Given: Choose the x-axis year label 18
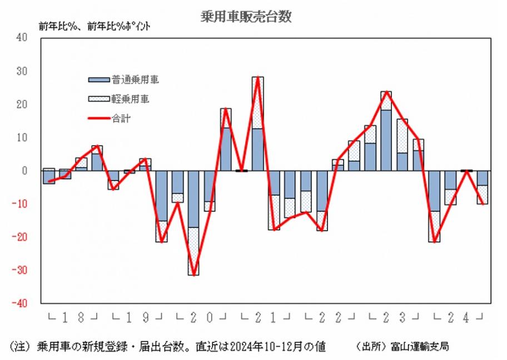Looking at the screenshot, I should (x=72, y=318).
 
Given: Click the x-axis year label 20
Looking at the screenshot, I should (x=201, y=318).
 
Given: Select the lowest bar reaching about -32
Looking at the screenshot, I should (x=193, y=222).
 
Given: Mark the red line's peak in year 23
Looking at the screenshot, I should (x=386, y=92).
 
